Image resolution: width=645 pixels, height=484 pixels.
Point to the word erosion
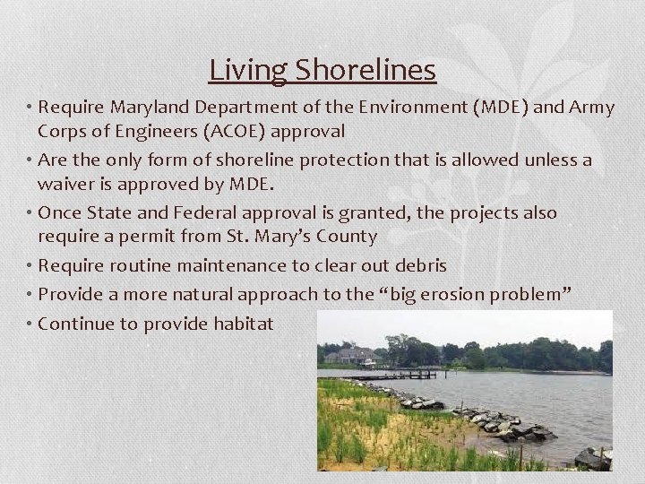[488, 295]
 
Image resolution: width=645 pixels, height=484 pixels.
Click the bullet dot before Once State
[30, 214]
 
